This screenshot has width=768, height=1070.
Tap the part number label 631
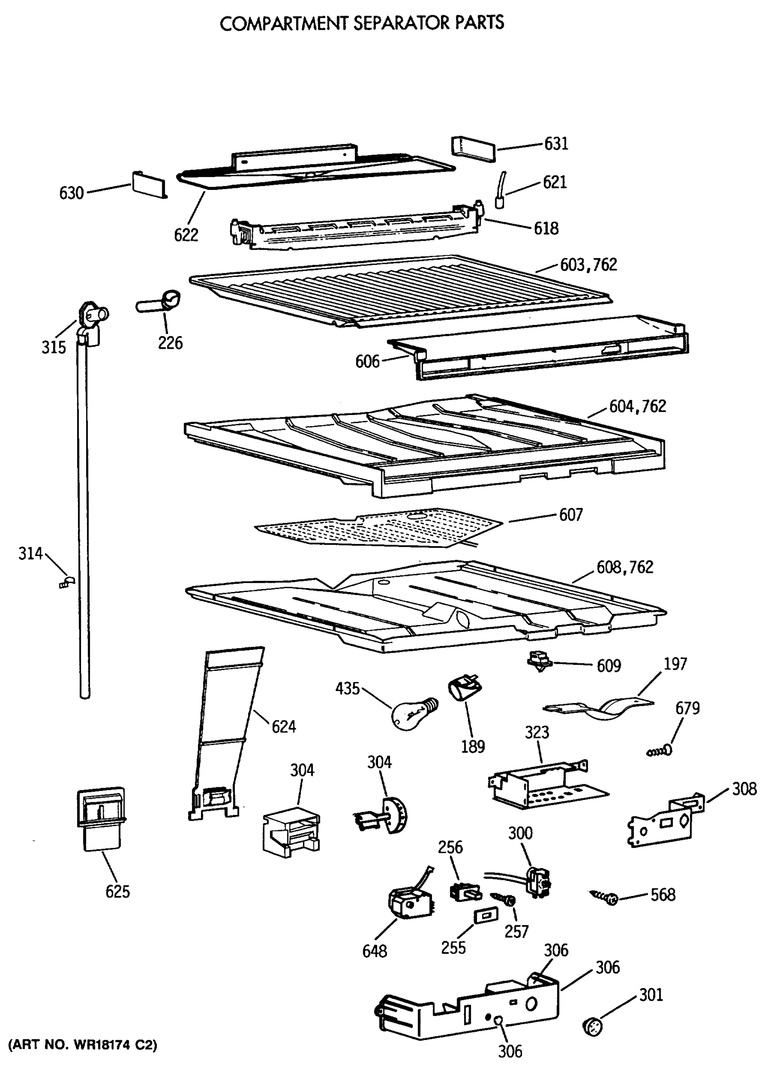coord(556,144)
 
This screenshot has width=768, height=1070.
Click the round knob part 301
coord(593,1027)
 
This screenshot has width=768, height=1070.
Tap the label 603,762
coord(588,265)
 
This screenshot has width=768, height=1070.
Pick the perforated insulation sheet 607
coord(378,527)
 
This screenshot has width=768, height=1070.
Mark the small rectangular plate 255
coord(485,916)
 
